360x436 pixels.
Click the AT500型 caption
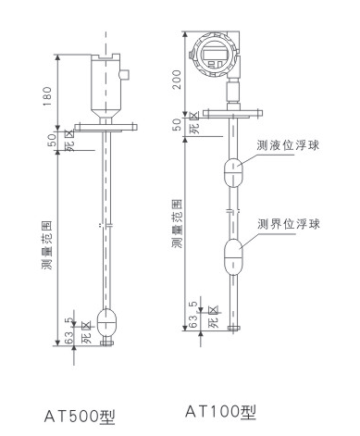click(80, 417)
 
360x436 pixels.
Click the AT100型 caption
click(220, 411)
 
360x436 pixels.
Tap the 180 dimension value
click(47, 96)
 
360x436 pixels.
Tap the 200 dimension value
click(177, 80)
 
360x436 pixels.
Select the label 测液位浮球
click(288, 145)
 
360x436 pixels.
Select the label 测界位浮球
click(289, 224)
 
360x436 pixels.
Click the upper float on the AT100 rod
click(233, 173)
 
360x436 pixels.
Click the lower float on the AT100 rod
click(233, 256)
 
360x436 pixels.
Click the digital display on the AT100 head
click(214, 55)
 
